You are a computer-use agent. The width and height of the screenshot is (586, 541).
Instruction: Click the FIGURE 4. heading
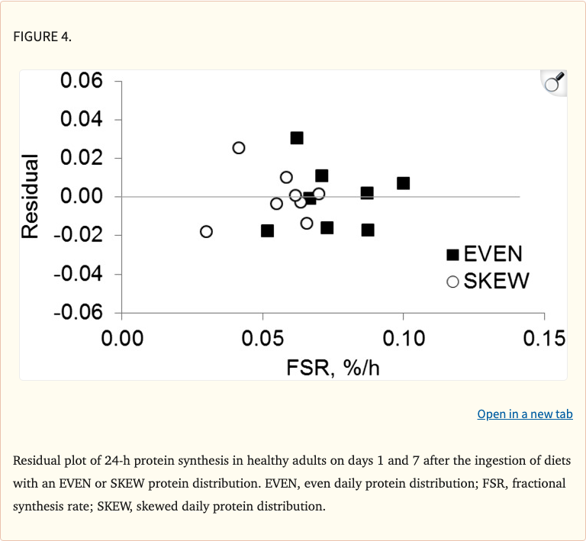click(x=43, y=37)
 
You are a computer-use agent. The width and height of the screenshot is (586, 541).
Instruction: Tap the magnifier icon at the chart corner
click(x=553, y=82)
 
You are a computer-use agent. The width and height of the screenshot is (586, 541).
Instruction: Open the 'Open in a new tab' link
click(x=524, y=414)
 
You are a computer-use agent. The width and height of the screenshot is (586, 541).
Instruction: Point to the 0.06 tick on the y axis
click(x=82, y=81)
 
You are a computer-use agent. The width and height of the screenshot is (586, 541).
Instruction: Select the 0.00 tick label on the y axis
click(x=82, y=196)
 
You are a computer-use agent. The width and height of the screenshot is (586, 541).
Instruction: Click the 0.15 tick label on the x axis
click(x=544, y=339)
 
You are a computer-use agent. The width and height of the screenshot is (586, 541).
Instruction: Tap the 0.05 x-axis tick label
click(x=262, y=339)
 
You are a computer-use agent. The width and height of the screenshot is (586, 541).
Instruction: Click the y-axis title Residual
click(x=31, y=196)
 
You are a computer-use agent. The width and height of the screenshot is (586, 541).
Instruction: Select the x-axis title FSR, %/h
click(x=333, y=368)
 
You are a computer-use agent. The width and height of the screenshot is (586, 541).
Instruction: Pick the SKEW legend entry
click(x=488, y=281)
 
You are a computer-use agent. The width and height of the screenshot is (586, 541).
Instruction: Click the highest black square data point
click(x=297, y=138)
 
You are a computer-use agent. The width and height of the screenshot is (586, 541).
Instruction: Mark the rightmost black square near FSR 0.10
click(x=403, y=183)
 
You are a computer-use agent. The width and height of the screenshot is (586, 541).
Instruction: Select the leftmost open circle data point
click(x=206, y=231)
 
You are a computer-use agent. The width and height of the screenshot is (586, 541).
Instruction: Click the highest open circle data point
click(x=239, y=147)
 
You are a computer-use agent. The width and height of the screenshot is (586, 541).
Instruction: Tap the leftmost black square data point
click(x=267, y=230)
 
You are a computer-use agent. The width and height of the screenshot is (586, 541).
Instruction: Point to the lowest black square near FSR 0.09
click(x=368, y=230)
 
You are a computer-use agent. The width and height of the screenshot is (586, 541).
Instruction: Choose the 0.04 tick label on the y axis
click(x=82, y=119)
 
